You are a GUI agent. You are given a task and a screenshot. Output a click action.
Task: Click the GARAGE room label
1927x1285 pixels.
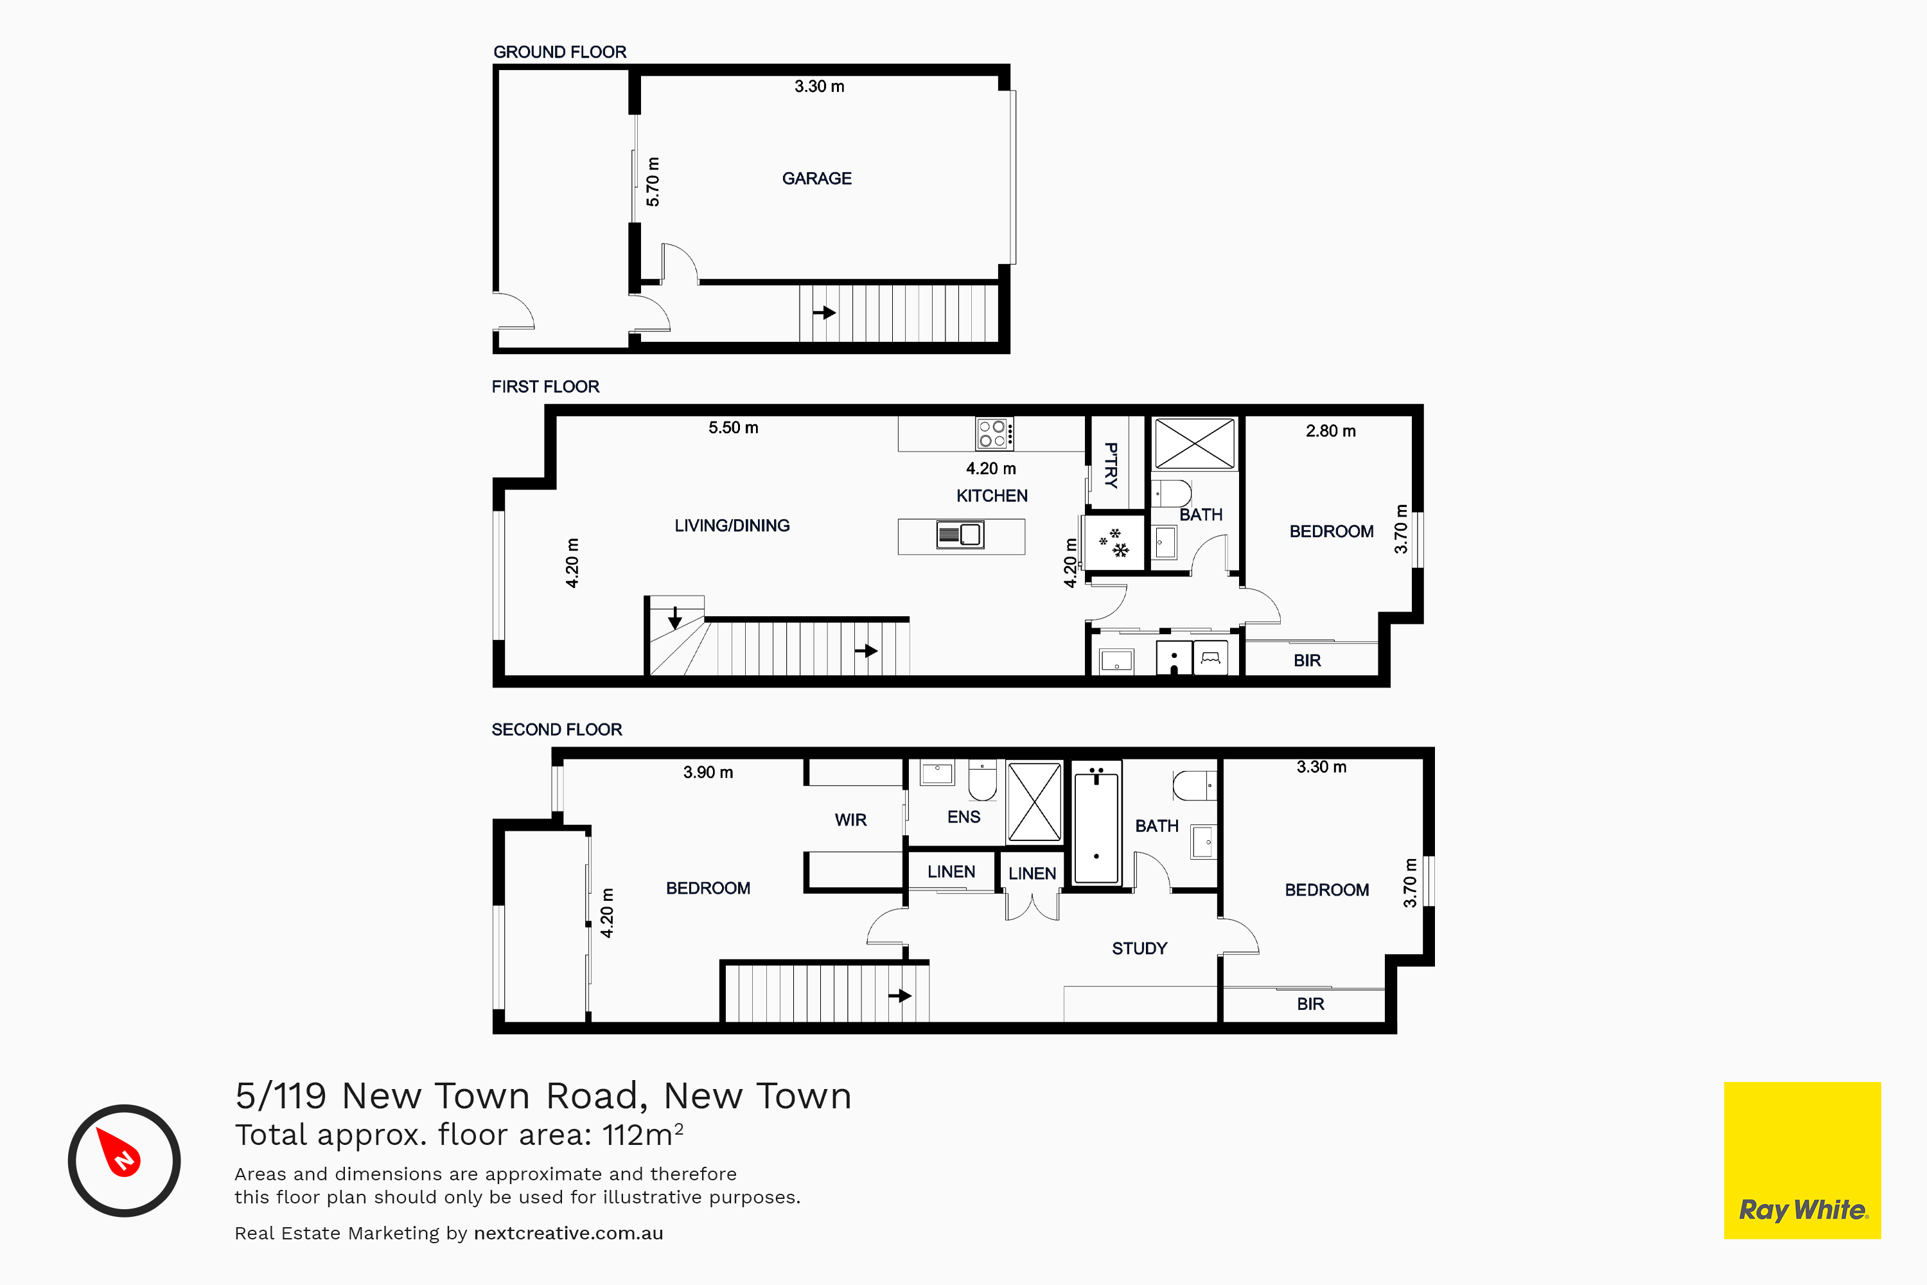[817, 179]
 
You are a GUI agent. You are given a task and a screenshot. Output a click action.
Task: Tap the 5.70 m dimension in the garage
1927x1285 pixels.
[653, 182]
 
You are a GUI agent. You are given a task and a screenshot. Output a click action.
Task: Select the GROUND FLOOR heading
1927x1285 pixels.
[559, 51]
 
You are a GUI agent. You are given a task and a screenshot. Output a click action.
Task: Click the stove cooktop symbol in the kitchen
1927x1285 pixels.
[994, 434]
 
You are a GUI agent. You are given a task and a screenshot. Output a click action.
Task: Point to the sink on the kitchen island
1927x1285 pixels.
[960, 535]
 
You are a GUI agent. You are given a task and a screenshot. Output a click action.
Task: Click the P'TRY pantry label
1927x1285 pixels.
[1111, 465]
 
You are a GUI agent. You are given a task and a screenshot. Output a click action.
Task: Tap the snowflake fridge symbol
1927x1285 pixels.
[1114, 542]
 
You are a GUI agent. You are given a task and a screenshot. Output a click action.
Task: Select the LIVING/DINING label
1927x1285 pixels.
[732, 526]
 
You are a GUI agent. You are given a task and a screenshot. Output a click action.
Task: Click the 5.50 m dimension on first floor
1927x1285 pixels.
[734, 428]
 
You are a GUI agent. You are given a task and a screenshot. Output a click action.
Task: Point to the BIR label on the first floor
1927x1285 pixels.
[1307, 660]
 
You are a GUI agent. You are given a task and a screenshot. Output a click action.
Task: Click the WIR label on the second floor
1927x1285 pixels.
[850, 820]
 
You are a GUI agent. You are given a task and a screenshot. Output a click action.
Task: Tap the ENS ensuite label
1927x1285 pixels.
[963, 817]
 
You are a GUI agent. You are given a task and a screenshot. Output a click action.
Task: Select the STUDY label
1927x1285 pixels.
[1139, 948]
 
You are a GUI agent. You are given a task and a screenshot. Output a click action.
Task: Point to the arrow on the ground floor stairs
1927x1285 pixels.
[824, 312]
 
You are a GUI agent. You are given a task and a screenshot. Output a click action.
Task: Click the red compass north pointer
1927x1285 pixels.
[119, 1151]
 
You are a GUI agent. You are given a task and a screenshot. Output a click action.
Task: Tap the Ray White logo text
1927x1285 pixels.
[1803, 1210]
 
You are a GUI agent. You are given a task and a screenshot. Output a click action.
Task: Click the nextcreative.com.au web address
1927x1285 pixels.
[568, 1234]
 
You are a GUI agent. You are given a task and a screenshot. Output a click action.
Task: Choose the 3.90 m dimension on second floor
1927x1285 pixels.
[708, 772]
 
